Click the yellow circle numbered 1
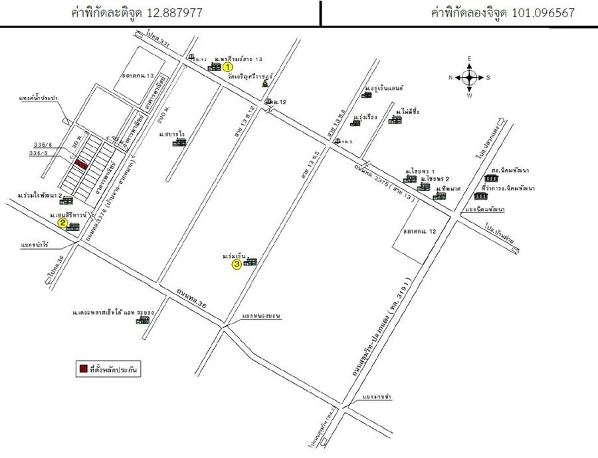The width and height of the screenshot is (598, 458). [227, 67]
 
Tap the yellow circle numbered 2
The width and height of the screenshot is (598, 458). [62, 224]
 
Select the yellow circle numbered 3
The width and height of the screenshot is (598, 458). [237, 264]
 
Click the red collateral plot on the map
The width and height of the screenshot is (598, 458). [80, 163]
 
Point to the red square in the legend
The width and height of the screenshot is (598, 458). [82, 368]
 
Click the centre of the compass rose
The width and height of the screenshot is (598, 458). [469, 77]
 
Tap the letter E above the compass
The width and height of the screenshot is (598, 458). [469, 59]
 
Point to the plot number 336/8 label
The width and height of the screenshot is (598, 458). [43, 153]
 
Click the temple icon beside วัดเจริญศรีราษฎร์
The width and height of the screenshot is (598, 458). [265, 84]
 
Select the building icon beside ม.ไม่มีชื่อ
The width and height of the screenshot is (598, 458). [395, 120]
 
